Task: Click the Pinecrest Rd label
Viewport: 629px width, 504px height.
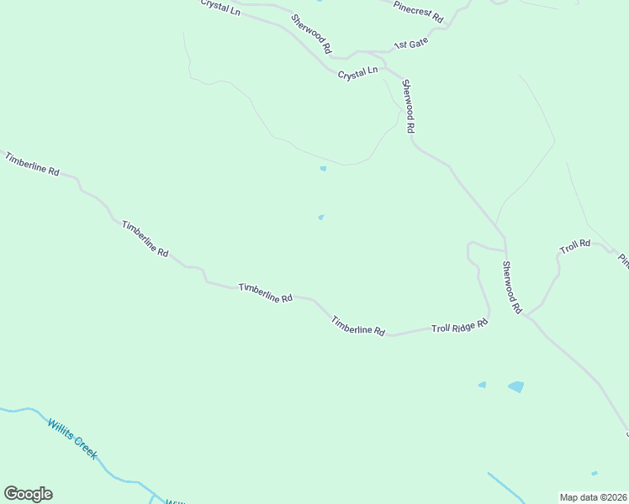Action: click(418, 11)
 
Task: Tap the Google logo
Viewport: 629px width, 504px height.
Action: click(28, 494)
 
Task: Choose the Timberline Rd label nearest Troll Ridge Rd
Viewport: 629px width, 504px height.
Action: click(357, 325)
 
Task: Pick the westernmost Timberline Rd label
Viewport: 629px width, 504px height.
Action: click(32, 163)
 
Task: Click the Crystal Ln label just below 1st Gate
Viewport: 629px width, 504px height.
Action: click(357, 74)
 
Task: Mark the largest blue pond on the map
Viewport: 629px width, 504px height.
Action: click(515, 387)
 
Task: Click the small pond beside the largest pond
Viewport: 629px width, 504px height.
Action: click(483, 385)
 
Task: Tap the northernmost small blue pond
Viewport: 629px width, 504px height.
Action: click(323, 169)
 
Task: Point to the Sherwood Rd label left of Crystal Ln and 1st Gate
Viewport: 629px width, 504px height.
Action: click(311, 34)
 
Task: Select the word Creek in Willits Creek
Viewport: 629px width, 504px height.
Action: click(84, 447)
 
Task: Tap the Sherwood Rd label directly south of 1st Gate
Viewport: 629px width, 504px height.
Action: click(409, 106)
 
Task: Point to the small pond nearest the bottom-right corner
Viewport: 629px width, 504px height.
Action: click(595, 473)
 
